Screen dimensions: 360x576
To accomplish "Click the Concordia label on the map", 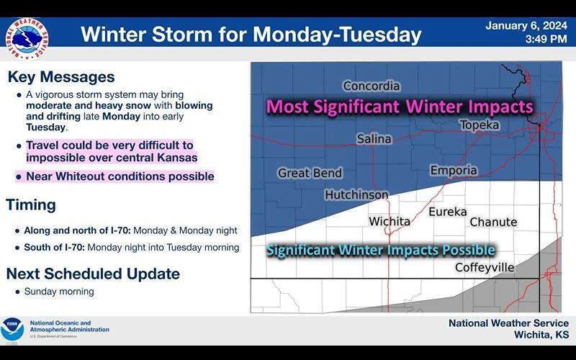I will [x=372, y=86].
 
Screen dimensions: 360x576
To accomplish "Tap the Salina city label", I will [x=374, y=139].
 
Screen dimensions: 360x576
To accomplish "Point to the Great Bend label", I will [x=310, y=174].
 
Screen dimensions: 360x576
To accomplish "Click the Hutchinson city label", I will [x=356, y=195].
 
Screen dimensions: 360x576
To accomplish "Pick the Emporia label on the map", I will [x=454, y=171].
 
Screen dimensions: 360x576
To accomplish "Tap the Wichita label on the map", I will [x=390, y=222].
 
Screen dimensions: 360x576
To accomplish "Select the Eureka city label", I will [x=447, y=212].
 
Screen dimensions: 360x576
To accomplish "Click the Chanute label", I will [x=493, y=222].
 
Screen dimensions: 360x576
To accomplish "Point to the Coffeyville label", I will [x=485, y=268].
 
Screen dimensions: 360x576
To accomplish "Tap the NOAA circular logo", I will [x=12, y=329].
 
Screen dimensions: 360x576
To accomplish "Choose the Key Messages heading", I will [x=60, y=77].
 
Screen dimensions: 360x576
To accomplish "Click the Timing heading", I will [x=31, y=205].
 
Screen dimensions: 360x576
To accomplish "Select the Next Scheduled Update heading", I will [x=93, y=274].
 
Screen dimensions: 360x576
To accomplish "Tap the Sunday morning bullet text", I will [x=59, y=292].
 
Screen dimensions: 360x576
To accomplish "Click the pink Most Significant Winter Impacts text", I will [x=400, y=107].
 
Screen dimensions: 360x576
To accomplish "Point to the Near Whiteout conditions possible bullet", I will [x=120, y=176].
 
